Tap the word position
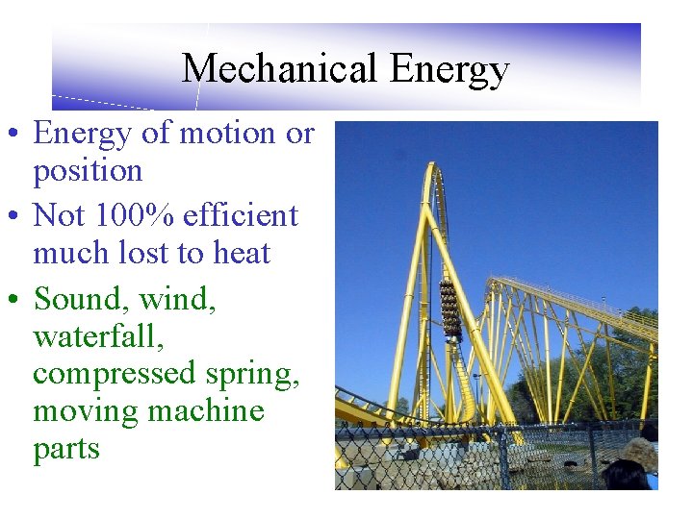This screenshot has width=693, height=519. click(x=88, y=172)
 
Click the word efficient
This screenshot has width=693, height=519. click(x=239, y=215)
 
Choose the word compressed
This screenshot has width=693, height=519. click(x=115, y=375)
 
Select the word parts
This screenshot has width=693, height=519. click(x=66, y=450)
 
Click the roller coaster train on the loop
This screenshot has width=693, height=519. click(x=449, y=309)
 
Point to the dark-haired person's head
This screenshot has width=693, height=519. click(x=626, y=476)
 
